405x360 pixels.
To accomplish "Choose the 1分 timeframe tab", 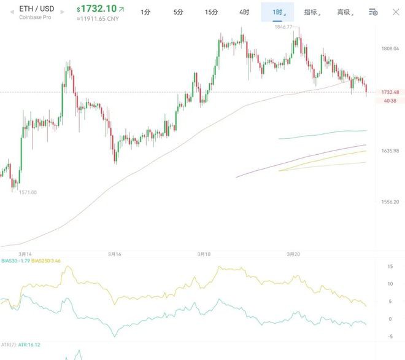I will pyautogui.click(x=145, y=12).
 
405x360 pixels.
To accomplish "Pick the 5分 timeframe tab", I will pyautogui.click(x=178, y=12).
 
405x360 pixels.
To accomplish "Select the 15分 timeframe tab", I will pyautogui.click(x=211, y=12).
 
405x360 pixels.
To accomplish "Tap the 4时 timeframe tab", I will pyautogui.click(x=244, y=12).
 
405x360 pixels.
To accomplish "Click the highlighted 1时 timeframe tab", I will pyautogui.click(x=277, y=12).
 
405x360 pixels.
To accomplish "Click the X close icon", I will pyautogui.click(x=396, y=12).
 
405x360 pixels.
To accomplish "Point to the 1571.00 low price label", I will pyautogui.click(x=27, y=192).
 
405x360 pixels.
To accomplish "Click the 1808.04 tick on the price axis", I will pyautogui.click(x=390, y=49).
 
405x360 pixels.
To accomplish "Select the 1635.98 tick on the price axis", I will pyautogui.click(x=390, y=151).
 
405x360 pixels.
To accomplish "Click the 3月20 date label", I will pyautogui.click(x=293, y=253).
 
